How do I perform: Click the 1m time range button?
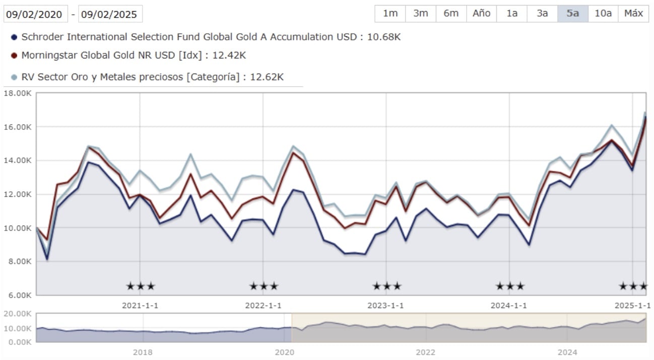coord(390,14)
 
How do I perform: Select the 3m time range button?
coord(421,14)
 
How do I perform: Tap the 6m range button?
coord(451,14)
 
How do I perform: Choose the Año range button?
coord(482,14)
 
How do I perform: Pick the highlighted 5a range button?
coord(572,14)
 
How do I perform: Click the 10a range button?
coord(603,14)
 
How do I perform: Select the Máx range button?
coord(633,14)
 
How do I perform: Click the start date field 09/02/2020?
coord(35,14)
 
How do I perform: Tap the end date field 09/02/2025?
coord(110,14)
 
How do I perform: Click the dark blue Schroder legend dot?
coord(14,37)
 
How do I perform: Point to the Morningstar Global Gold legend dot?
coord(14,55)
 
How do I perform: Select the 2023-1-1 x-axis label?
coord(385,306)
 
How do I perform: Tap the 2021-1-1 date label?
coord(140,306)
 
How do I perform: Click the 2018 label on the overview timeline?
coord(143,352)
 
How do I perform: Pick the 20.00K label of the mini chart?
coord(18,314)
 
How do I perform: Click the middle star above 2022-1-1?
coord(264,286)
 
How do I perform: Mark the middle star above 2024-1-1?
coord(510,286)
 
